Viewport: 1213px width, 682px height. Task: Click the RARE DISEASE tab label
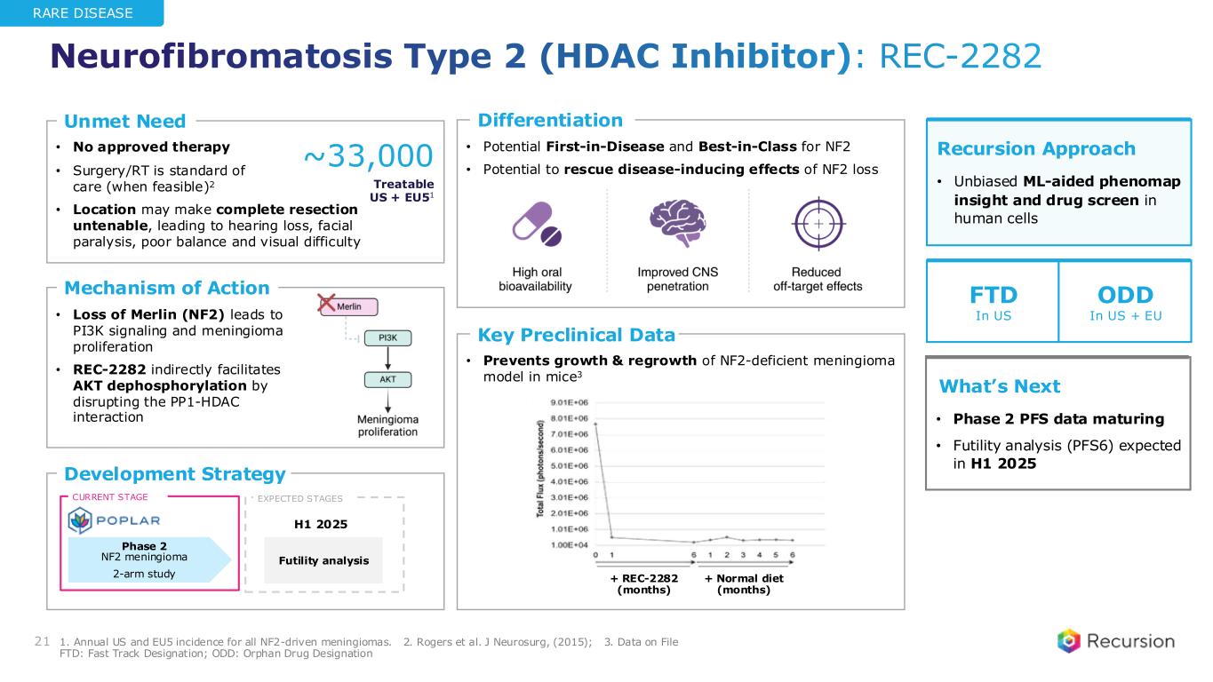tap(82, 13)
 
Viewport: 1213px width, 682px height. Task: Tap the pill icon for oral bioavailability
tap(537, 222)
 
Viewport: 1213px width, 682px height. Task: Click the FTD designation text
tap(992, 294)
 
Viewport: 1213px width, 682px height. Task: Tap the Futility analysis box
tap(323, 560)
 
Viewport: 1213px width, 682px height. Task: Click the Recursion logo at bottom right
tap(1115, 641)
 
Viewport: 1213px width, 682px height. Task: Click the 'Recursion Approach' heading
tap(1036, 148)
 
